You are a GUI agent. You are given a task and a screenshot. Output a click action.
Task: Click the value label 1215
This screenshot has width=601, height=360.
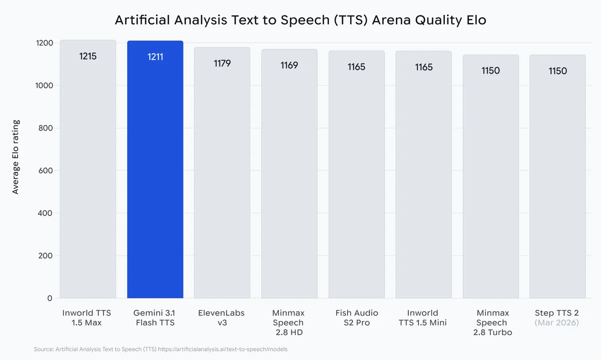(x=88, y=56)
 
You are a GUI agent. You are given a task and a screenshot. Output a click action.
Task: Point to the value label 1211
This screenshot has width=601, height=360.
(x=155, y=57)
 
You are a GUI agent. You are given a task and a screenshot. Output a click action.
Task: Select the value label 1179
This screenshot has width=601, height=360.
(x=222, y=64)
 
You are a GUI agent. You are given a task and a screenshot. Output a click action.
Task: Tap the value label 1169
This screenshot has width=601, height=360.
(x=289, y=65)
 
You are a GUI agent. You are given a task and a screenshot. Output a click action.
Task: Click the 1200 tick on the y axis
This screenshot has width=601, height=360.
(x=44, y=43)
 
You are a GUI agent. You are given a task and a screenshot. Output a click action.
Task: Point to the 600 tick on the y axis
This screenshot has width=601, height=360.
(x=46, y=171)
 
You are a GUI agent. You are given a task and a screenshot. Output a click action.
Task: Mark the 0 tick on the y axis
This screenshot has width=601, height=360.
(x=50, y=298)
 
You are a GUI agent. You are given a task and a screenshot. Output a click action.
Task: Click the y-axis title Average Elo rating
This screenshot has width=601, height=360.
(x=16, y=157)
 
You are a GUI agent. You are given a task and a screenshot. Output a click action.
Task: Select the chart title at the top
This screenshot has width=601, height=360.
(x=300, y=20)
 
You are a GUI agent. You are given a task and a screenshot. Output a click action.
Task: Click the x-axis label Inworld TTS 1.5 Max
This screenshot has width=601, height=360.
(x=87, y=318)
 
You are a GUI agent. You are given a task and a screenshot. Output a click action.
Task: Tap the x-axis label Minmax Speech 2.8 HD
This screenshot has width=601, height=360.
(x=289, y=322)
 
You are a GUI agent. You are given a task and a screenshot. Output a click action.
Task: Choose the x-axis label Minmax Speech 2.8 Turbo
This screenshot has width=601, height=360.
(x=491, y=322)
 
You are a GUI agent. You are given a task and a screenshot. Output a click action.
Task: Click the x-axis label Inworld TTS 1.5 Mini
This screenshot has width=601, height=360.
(x=424, y=318)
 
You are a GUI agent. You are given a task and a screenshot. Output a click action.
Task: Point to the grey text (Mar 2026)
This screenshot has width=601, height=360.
(x=557, y=323)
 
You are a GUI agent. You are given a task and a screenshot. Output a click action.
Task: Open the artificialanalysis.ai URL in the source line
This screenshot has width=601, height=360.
(x=223, y=349)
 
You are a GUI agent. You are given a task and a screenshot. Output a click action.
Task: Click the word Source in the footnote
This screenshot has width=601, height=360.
(x=44, y=349)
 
